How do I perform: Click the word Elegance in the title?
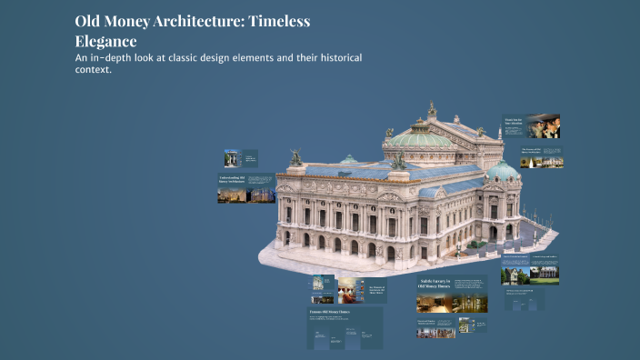tap(106, 41)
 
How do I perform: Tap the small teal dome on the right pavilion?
tap(503, 169)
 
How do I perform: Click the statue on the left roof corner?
tap(296, 157)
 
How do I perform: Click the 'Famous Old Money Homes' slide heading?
tap(330, 312)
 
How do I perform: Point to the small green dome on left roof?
tap(349, 160)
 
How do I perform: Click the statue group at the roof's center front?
tap(399, 161)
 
